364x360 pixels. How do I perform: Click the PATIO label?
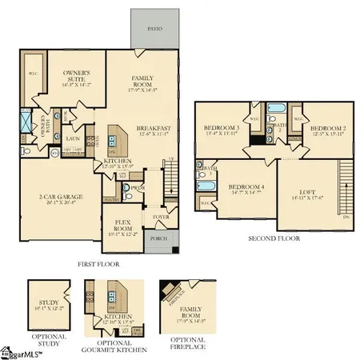[154, 28]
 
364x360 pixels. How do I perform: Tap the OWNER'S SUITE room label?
[77, 76]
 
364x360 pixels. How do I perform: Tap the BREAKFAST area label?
[153, 128]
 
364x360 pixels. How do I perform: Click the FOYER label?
[161, 216]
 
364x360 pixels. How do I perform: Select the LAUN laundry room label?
[70, 137]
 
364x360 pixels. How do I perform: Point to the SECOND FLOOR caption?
[274, 238]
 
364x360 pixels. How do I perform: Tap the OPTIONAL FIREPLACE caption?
[178, 346]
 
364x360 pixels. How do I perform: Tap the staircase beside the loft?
[346, 188]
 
